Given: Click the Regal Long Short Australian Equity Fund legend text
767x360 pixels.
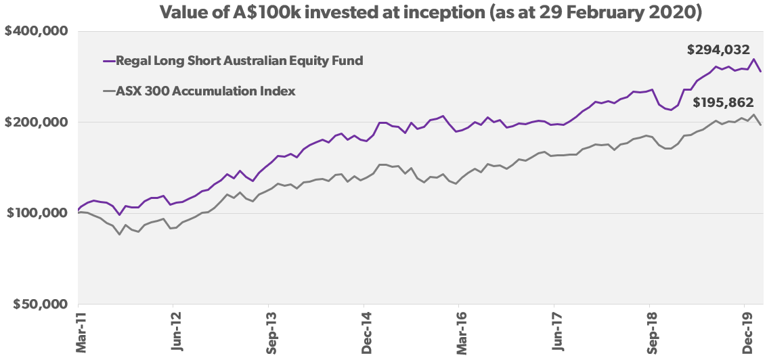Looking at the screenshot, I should click(x=240, y=61).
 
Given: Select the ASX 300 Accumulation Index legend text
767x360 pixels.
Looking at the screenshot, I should click(x=206, y=91).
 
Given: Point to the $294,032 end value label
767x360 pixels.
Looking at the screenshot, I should click(x=718, y=49).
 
